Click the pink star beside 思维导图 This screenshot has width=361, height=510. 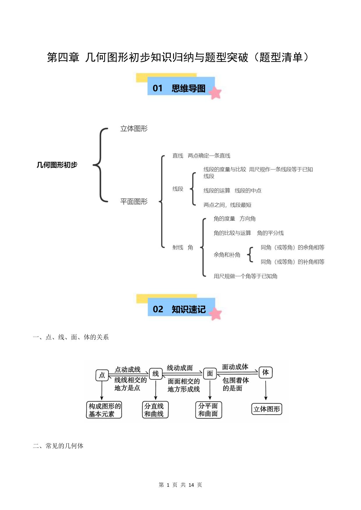(x=215, y=93)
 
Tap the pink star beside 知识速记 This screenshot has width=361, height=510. (x=216, y=314)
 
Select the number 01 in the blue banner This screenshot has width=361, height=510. (x=158, y=88)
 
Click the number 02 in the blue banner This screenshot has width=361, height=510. (x=158, y=309)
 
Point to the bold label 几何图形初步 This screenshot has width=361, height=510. (x=57, y=165)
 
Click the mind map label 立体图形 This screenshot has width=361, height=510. (x=134, y=129)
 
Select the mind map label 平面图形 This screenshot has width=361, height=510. (x=134, y=201)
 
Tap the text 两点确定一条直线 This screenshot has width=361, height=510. (x=209, y=156)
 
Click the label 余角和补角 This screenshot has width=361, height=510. (x=227, y=255)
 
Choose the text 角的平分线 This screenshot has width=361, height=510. (x=271, y=233)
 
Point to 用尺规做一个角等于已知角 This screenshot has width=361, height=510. (x=246, y=276)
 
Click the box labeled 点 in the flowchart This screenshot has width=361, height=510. (x=102, y=375)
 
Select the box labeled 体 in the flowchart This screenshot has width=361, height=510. (x=266, y=372)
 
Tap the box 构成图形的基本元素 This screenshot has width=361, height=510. (x=104, y=410)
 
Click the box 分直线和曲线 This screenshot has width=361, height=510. (x=155, y=410)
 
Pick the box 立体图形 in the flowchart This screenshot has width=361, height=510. (x=267, y=409)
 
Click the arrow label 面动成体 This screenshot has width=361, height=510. (x=235, y=367)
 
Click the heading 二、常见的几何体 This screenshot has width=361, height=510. (x=58, y=446)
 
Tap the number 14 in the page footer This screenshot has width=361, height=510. (x=191, y=485)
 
